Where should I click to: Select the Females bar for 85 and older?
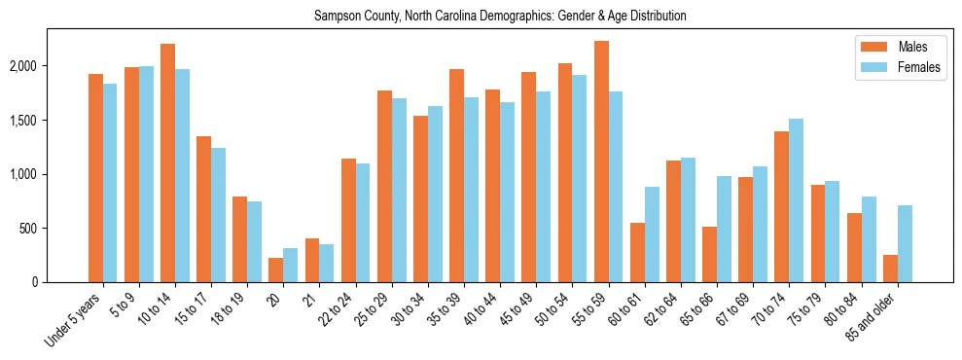click(905, 243)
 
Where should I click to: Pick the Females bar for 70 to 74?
click(796, 200)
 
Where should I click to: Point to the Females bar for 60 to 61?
click(652, 234)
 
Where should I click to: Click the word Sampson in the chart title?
click(335, 17)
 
